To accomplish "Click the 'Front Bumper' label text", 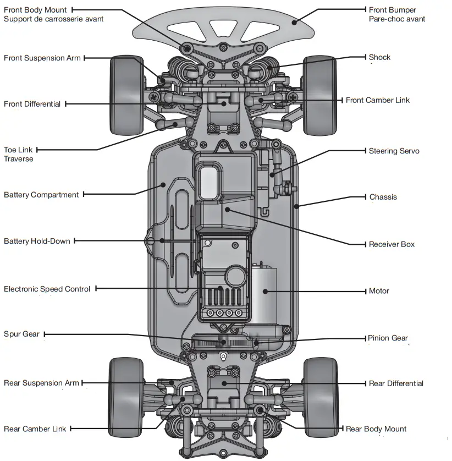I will [392, 10].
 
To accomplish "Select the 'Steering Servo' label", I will [394, 151].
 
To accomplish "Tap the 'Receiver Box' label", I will [392, 244].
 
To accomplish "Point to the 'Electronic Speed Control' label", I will [47, 289].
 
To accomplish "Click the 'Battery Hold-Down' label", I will [37, 241].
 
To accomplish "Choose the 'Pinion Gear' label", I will [388, 338].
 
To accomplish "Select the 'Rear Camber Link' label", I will [35, 429].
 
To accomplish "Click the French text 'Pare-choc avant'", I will [396, 19].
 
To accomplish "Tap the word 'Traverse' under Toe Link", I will [19, 159].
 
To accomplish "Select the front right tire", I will [319, 95].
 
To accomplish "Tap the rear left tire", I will [126, 396].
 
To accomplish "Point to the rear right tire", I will [321, 396].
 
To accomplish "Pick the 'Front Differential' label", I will [32, 104].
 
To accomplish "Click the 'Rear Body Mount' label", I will [376, 429].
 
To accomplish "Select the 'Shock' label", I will [379, 57].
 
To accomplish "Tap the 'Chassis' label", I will [383, 197].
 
